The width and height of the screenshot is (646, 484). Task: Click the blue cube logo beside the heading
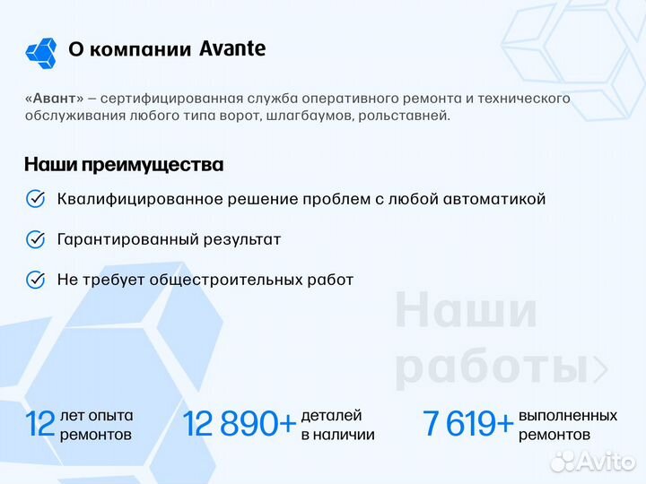pyautogui.click(x=41, y=53)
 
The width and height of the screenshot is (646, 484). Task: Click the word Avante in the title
pyautogui.click(x=232, y=49)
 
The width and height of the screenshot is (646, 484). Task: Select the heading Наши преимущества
pyautogui.click(x=123, y=165)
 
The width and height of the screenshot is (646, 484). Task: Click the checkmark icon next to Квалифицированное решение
pyautogui.click(x=36, y=199)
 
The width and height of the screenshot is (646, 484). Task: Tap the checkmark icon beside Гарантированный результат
pyautogui.click(x=36, y=239)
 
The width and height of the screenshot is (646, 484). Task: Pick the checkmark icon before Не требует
pyautogui.click(x=36, y=280)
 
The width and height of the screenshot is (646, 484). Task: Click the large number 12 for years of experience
pyautogui.click(x=40, y=424)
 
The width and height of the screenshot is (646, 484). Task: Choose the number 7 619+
pyautogui.click(x=468, y=424)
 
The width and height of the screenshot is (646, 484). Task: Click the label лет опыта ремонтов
pyautogui.click(x=96, y=425)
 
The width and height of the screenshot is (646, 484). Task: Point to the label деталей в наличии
pyautogui.click(x=337, y=425)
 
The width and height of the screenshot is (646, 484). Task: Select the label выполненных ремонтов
pyautogui.click(x=567, y=425)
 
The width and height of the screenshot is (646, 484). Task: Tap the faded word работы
pyautogui.click(x=493, y=367)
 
